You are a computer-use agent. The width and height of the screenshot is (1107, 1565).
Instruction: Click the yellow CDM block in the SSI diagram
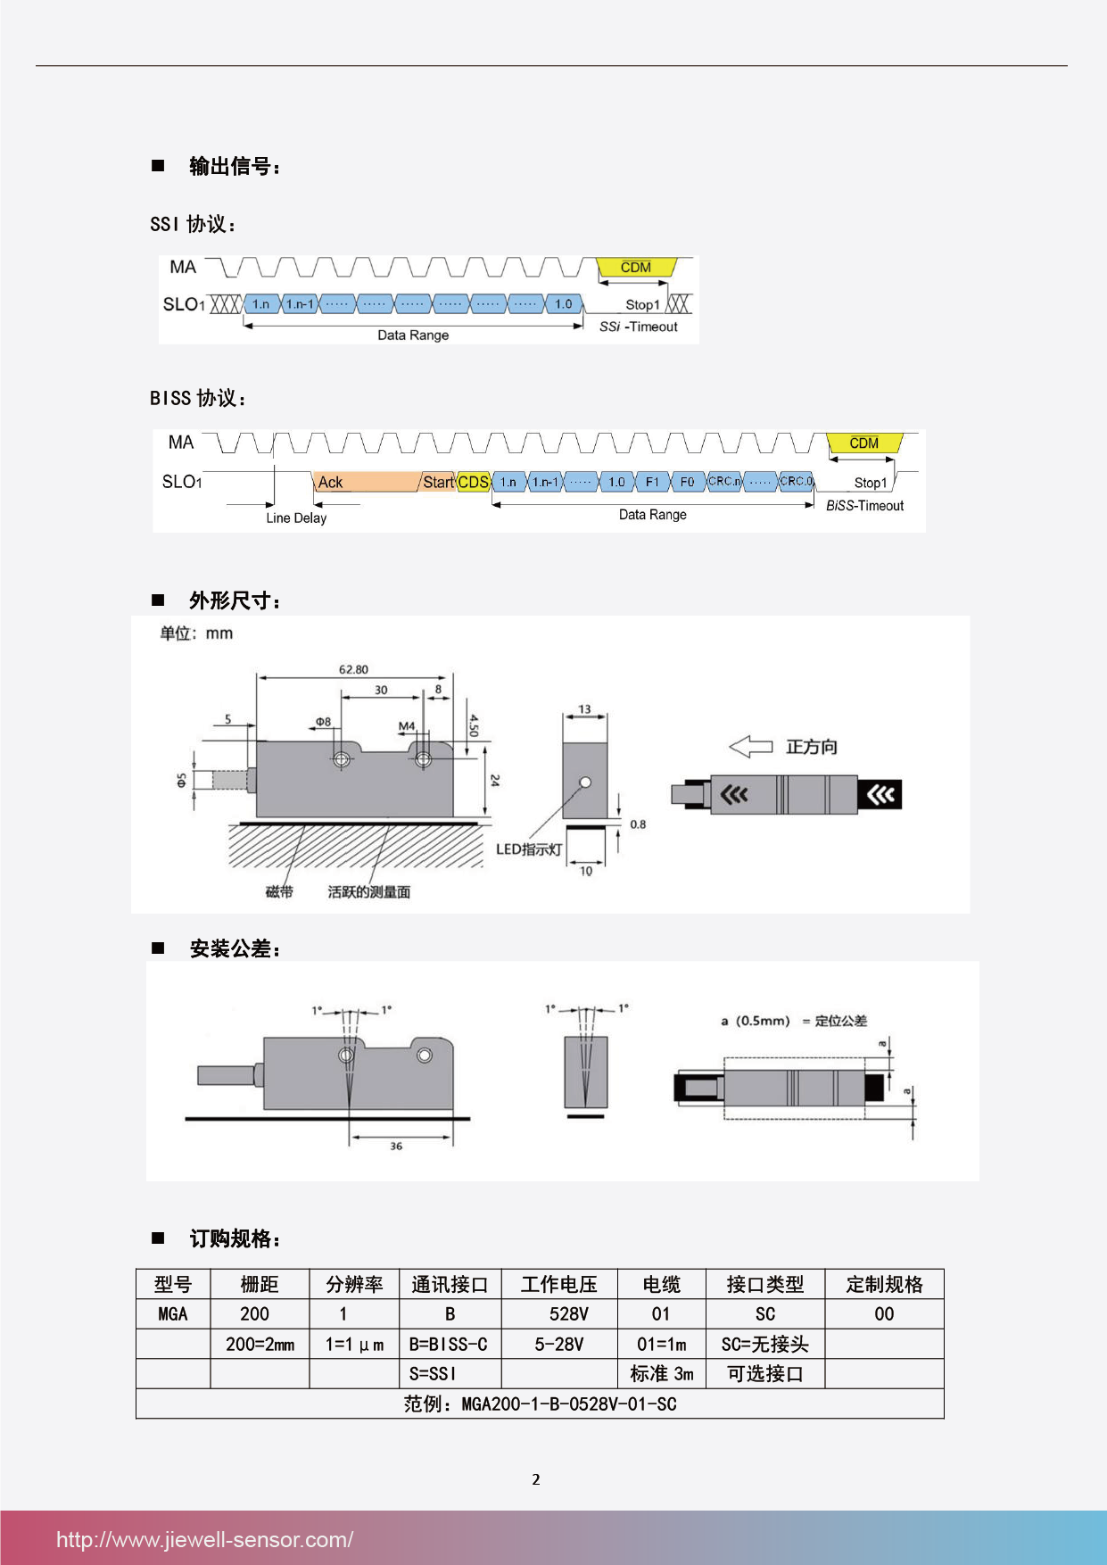coord(636,268)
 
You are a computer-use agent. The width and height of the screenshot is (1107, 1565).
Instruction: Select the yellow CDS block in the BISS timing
coord(474,482)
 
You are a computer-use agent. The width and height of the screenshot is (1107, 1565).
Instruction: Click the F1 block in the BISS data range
coord(652,482)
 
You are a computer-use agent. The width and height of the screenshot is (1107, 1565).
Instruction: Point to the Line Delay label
coord(296,518)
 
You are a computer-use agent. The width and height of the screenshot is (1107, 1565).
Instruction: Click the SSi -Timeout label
coord(639,327)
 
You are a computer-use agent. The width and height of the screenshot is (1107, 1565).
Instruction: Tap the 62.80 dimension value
coord(353,669)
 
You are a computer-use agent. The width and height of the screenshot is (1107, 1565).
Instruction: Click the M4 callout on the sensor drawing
coord(407,726)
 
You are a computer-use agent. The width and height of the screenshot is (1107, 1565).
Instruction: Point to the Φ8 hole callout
coord(323,722)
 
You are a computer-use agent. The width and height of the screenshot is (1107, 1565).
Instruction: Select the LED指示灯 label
coord(529,849)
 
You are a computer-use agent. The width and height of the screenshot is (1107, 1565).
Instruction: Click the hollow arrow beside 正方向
coord(750,746)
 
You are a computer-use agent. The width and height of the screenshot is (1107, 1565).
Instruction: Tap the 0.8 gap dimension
coord(638,824)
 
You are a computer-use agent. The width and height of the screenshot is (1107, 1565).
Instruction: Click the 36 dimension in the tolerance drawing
coord(396,1146)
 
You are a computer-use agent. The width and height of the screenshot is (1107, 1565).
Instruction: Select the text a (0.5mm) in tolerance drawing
coord(756,1021)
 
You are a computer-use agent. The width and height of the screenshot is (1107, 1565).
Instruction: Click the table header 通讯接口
coord(450,1284)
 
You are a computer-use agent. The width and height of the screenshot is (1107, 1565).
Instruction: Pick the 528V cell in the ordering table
coord(568,1314)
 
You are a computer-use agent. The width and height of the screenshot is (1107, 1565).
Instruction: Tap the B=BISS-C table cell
coord(449,1344)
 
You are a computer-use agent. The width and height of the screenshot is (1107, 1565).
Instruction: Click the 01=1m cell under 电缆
coord(661,1344)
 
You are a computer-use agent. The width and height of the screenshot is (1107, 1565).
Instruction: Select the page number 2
coord(536,1479)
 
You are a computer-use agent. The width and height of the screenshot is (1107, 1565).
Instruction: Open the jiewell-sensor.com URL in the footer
coord(204,1539)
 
